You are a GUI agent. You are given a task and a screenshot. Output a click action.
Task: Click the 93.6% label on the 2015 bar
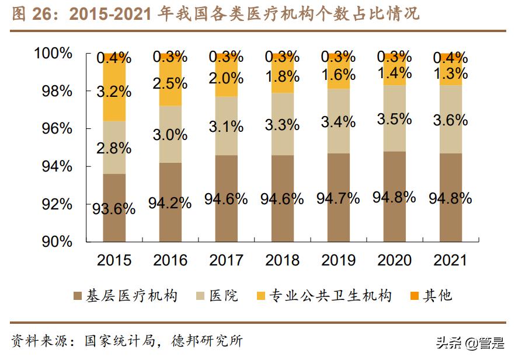coord(114,208)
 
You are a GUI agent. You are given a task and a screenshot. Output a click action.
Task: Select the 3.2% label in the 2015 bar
coord(114,91)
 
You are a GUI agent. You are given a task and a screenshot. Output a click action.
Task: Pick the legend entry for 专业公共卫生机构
coord(323,295)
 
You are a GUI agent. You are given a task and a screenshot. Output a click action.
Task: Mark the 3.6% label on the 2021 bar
coord(450,120)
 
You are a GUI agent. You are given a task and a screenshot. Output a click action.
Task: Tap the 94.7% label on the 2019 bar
coord(338,198)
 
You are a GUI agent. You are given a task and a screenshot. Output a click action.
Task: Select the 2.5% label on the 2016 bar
coord(170,83)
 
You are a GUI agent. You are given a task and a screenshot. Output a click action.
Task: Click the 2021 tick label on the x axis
coord(451,260)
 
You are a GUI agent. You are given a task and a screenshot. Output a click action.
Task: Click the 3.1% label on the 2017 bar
coord(226,125)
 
